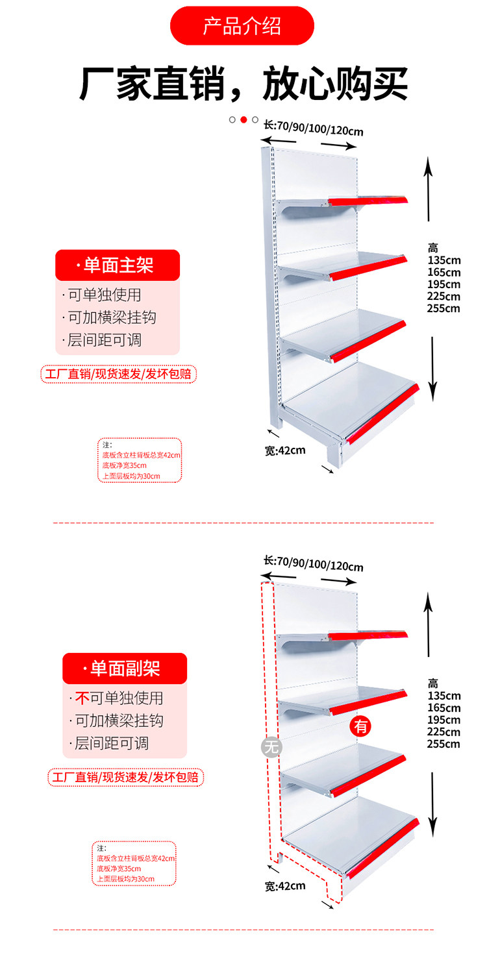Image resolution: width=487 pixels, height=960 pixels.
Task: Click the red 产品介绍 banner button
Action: tap(242, 26)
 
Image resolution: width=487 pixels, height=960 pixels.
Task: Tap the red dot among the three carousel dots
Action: tap(243, 119)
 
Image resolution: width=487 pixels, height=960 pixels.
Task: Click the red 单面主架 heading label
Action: tap(118, 265)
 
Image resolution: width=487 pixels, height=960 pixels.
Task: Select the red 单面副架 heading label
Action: tap(124, 669)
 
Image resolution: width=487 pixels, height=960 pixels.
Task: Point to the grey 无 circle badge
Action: tap(271, 747)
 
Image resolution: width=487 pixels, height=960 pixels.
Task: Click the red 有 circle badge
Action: tap(360, 726)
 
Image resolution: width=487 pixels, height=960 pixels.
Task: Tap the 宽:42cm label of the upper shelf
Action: tap(285, 450)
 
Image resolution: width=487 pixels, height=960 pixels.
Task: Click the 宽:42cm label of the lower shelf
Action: tap(285, 885)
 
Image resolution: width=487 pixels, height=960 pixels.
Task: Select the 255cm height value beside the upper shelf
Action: tap(443, 308)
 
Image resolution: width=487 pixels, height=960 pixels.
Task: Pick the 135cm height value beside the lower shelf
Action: tap(443, 696)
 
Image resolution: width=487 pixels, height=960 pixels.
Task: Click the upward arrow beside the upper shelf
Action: tap(428, 188)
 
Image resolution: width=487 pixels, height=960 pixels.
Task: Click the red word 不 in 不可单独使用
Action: tap(82, 698)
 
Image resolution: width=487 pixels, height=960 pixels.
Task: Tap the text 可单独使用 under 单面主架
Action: tap(105, 295)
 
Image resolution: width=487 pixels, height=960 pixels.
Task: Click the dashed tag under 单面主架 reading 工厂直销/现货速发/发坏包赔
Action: tap(118, 375)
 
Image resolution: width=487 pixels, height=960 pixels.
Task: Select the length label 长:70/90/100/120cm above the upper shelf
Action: tap(314, 127)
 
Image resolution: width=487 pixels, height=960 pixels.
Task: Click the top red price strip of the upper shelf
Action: tap(368, 201)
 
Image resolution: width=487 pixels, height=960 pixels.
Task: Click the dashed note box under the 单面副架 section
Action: tap(134, 863)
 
